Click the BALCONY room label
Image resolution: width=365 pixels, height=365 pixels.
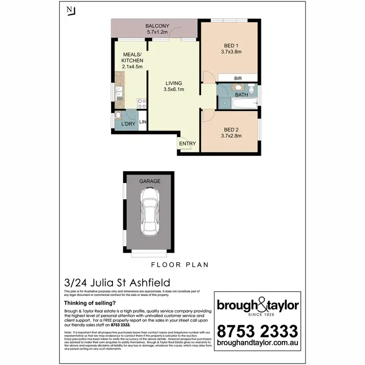pyautogui.click(x=157, y=26)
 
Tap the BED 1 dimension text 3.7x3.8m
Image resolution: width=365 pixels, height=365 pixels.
pyautogui.click(x=232, y=52)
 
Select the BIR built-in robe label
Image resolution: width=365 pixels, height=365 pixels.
pyautogui.click(x=238, y=78)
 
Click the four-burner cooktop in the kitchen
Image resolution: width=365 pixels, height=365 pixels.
pyautogui.click(x=142, y=103)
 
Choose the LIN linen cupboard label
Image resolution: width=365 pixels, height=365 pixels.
pyautogui.click(x=143, y=123)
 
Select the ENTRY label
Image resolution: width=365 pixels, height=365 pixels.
pyautogui.click(x=187, y=144)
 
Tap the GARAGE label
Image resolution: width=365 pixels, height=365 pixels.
pyautogui.click(x=150, y=181)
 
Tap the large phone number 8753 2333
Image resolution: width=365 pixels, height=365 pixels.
pyautogui.click(x=257, y=332)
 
